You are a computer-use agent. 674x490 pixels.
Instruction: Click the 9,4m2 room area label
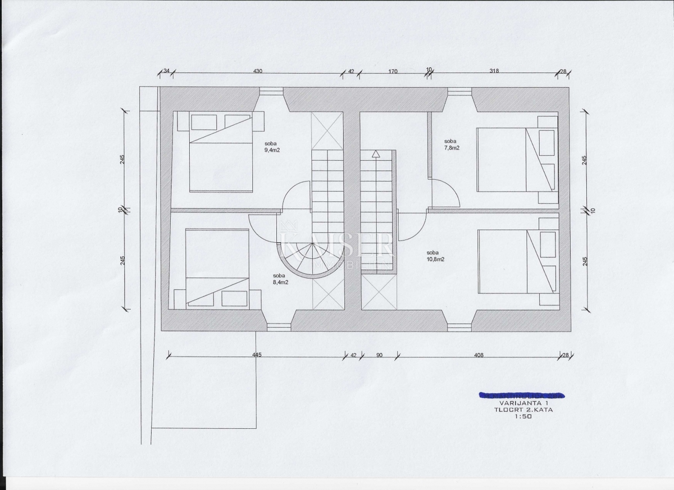click(x=272, y=150)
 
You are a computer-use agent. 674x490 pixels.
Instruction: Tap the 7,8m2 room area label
click(x=452, y=148)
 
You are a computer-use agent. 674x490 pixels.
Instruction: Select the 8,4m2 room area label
click(x=280, y=282)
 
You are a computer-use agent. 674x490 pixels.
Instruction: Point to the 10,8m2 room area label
click(x=435, y=259)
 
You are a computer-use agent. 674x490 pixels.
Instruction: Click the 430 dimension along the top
click(x=258, y=71)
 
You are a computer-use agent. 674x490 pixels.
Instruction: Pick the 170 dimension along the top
click(x=393, y=71)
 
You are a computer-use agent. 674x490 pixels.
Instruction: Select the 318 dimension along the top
click(x=494, y=71)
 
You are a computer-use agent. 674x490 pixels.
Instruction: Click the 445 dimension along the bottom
click(x=257, y=355)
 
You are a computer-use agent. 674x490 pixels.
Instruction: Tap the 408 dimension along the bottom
click(x=479, y=355)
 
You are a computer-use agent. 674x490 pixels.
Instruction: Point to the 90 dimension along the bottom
click(x=379, y=355)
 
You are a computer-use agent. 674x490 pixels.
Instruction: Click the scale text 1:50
click(x=521, y=416)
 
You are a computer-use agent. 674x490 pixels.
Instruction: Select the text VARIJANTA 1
click(x=521, y=403)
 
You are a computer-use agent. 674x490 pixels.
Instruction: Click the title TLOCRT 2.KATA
click(x=521, y=410)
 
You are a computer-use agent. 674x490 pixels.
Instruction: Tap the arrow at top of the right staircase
click(x=375, y=153)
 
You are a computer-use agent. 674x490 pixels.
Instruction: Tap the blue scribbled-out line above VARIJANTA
click(x=521, y=395)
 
